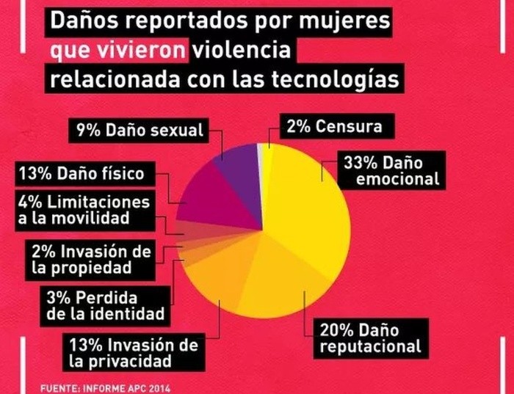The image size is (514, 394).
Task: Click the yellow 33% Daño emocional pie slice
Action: click(x=308, y=205)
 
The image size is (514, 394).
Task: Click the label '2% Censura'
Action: click(x=334, y=126)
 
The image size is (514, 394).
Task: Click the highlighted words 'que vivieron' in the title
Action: click(x=120, y=51)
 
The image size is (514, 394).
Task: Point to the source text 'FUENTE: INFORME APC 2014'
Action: click(x=100, y=387)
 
